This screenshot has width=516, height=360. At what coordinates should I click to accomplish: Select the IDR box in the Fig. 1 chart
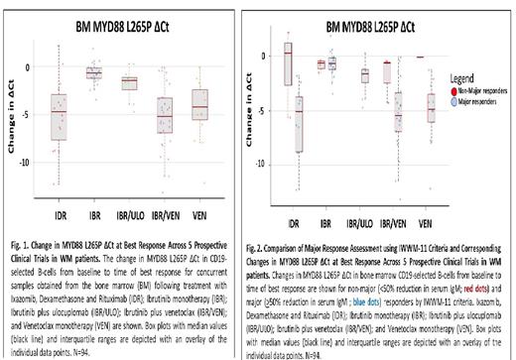click(60, 118)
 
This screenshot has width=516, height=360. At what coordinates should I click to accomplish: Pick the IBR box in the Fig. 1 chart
click(94, 71)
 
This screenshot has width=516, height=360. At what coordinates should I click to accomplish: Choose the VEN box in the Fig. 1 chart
click(199, 104)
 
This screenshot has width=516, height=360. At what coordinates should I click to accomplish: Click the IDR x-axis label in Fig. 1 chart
click(60, 212)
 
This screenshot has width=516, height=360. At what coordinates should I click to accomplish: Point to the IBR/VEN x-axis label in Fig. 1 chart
click(165, 212)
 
